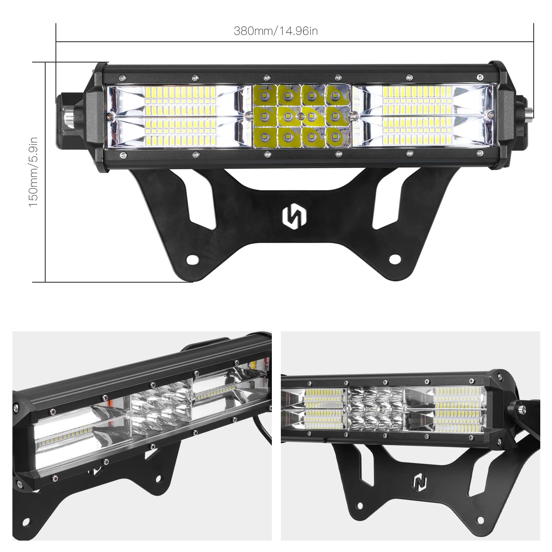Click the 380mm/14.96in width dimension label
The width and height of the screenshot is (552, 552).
click(276, 31)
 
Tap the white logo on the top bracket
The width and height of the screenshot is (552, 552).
click(294, 218)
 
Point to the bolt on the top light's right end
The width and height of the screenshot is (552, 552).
click(529, 112)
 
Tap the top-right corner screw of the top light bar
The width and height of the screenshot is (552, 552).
click(479, 76)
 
